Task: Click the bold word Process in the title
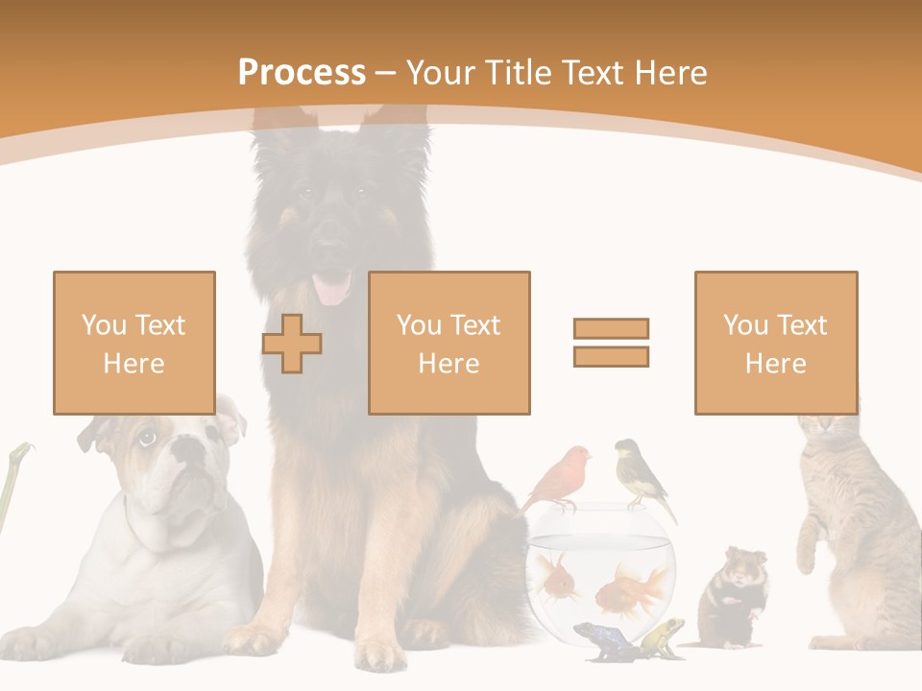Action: pos(302,72)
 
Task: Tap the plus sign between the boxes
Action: pos(292,344)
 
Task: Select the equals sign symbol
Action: pos(611,343)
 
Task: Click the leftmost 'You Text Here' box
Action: pos(134,343)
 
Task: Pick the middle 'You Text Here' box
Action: pos(449,343)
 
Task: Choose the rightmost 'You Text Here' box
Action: pos(775,343)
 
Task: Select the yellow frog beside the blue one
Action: pos(663,635)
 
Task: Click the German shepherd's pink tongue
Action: pos(333,287)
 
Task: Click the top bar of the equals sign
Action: pos(611,328)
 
